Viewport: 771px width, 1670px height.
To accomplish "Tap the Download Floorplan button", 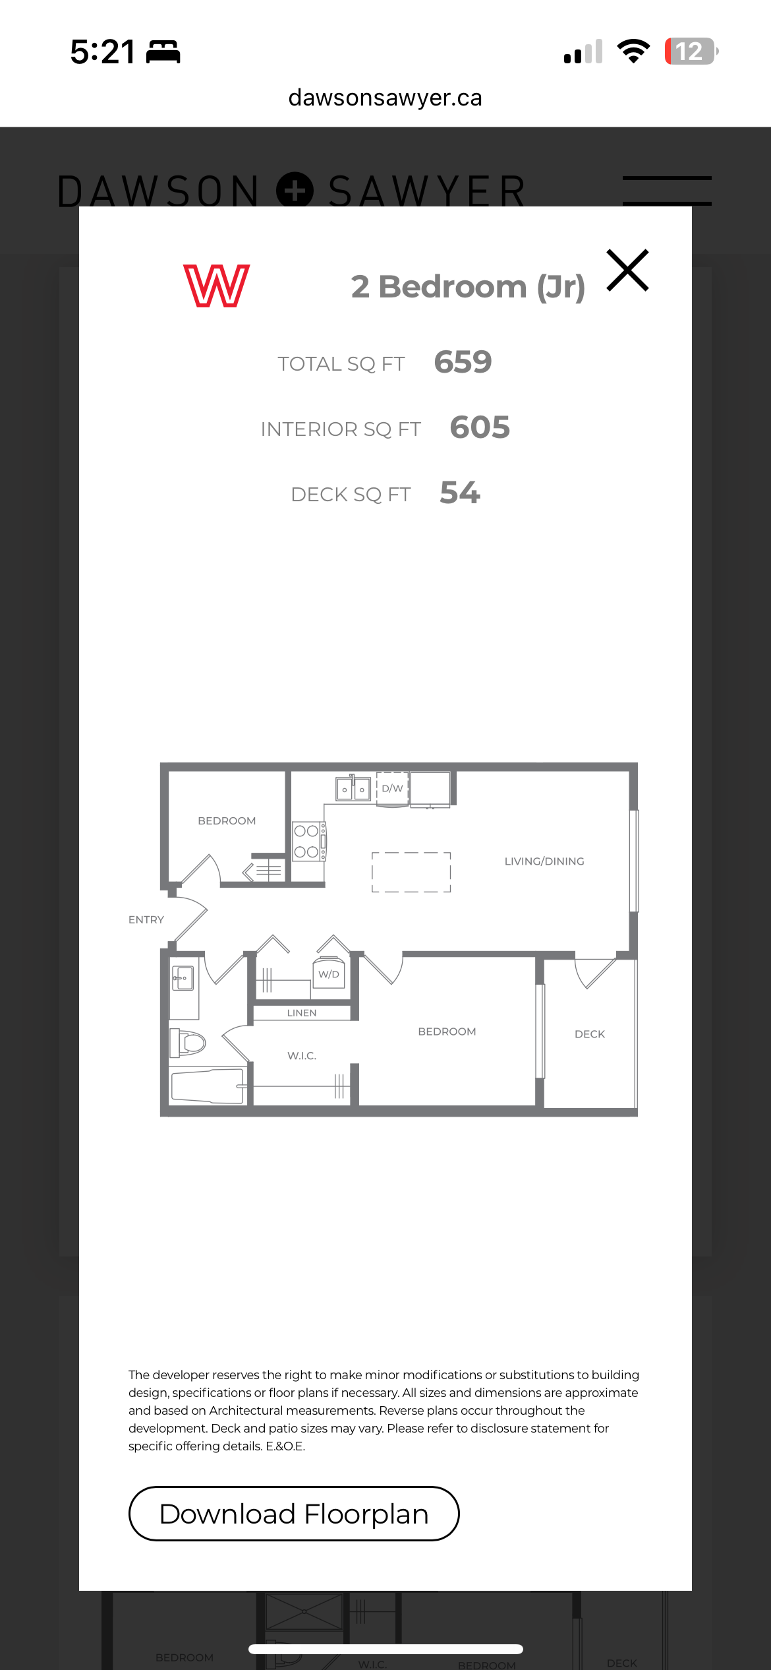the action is (x=294, y=1514).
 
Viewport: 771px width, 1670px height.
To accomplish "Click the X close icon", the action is (x=628, y=270).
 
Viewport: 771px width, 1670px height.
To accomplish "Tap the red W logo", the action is (x=216, y=286).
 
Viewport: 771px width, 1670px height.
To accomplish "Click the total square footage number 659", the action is (x=463, y=362).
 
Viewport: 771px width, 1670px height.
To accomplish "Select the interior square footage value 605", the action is (x=480, y=427).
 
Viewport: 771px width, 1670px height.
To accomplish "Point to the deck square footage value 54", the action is (x=460, y=493).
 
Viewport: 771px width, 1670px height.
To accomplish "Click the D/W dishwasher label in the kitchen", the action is (x=392, y=788).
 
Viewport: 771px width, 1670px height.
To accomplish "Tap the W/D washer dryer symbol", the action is (x=329, y=974).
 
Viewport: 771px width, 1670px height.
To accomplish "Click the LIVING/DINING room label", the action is (x=544, y=861).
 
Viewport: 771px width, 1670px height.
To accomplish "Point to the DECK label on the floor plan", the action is (x=590, y=1034).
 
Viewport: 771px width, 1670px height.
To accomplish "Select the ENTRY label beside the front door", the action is (x=146, y=919).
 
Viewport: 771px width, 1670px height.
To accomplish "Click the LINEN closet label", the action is (x=302, y=1012).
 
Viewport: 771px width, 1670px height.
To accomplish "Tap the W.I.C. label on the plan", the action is (x=302, y=1055).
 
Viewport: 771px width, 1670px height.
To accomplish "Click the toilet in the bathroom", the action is (x=188, y=1043).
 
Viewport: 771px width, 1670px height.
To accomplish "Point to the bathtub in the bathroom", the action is (x=208, y=1086).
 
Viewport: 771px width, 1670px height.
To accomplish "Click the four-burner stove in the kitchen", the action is (x=308, y=841).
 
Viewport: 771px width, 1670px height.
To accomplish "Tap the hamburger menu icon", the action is (x=667, y=191).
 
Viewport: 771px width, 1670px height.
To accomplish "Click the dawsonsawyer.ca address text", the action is (x=385, y=98).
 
